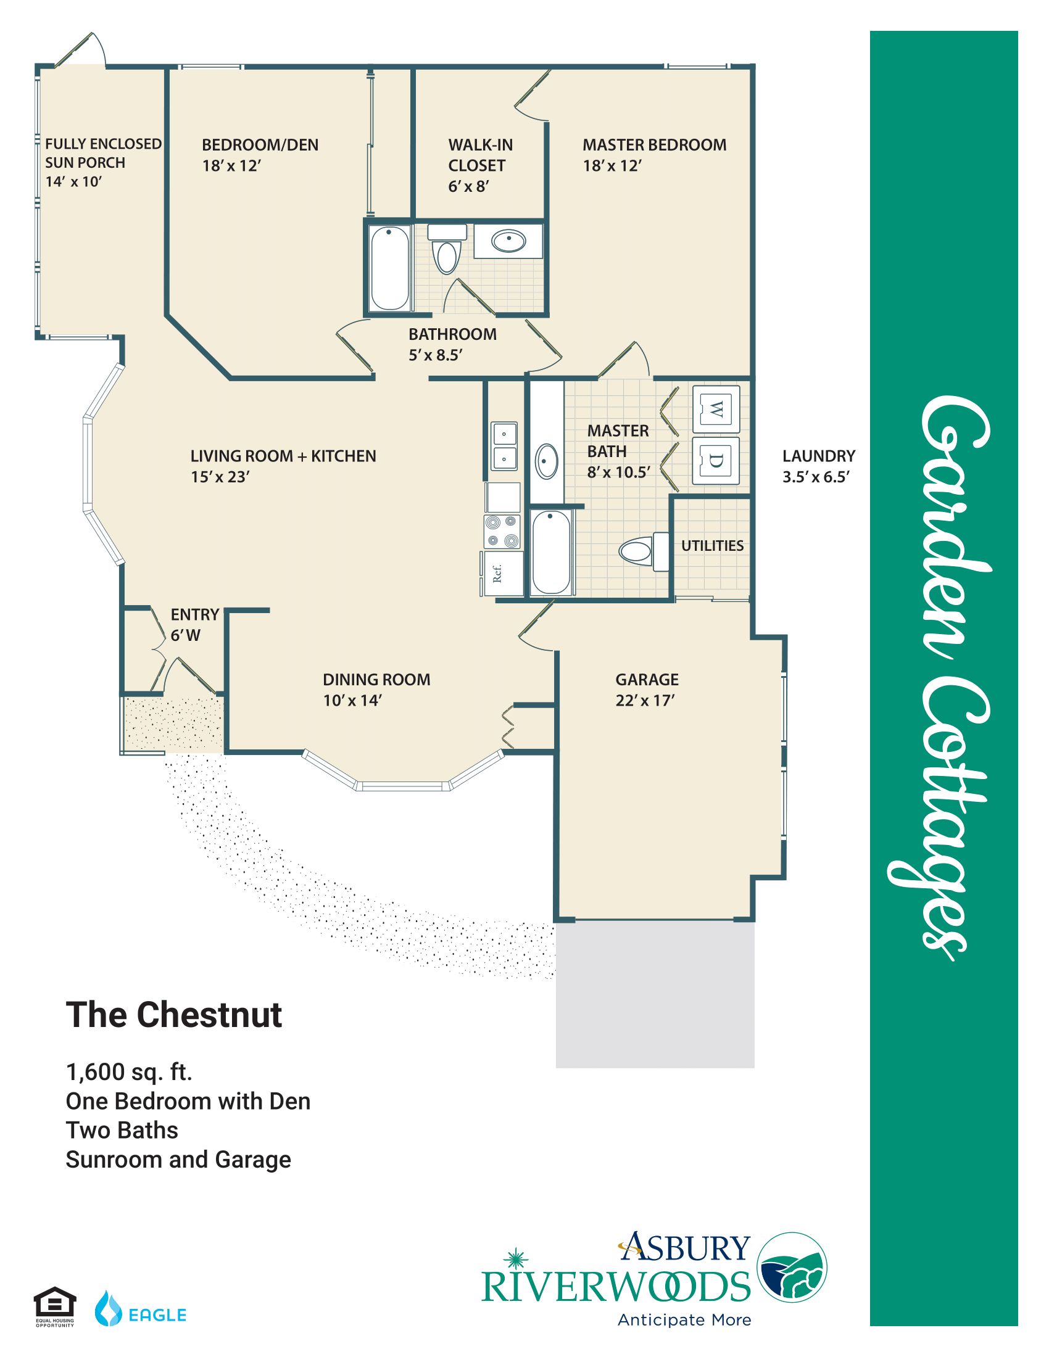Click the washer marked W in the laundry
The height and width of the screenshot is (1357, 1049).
(716, 409)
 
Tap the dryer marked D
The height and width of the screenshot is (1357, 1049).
(716, 461)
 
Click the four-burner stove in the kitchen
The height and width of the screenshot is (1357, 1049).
(502, 532)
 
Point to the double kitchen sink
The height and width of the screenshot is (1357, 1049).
(504, 446)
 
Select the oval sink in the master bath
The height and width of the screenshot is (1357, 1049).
(547, 460)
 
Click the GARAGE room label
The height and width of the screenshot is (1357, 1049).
(647, 679)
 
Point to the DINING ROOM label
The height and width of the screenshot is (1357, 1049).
(376, 679)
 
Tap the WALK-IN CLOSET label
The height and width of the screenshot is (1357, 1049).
(480, 155)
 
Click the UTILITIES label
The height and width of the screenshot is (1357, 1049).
(712, 545)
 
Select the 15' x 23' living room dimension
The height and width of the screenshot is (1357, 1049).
(220, 477)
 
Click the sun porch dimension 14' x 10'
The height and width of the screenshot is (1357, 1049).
(73, 181)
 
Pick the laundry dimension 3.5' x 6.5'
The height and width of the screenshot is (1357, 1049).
(816, 477)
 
